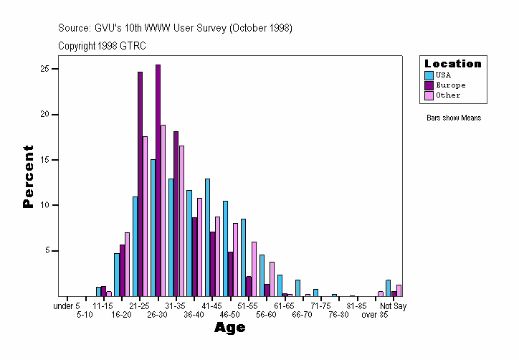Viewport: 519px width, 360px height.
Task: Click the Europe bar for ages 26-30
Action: coord(158,180)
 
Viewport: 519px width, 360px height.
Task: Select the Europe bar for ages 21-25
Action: coord(140,184)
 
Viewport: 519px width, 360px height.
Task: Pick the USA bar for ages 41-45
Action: coord(207,237)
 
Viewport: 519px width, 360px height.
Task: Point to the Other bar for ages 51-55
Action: coord(254,268)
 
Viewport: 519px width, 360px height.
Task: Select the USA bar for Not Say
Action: coord(389,288)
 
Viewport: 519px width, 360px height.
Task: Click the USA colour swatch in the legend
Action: coord(429,75)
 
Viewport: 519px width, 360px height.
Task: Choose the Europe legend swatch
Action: coord(429,85)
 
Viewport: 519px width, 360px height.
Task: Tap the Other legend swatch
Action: coord(429,95)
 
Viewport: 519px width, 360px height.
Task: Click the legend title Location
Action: coord(453,64)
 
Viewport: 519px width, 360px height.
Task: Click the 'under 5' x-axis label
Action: coord(67,306)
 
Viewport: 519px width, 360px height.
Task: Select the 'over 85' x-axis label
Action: coord(374,315)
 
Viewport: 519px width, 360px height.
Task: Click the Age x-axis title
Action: coord(230,328)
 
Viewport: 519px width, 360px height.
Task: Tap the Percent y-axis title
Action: coord(29,176)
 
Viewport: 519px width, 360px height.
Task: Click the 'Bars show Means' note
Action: coord(453,118)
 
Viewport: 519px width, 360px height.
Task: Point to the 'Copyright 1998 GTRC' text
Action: coord(102,46)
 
